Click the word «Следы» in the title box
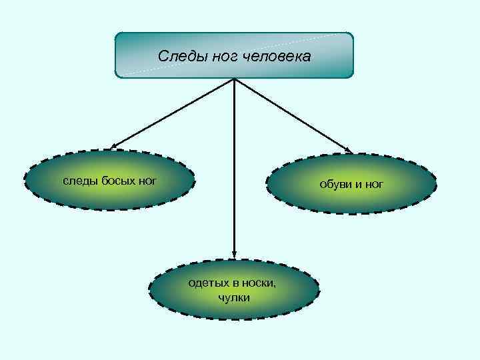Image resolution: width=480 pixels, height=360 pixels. click(176, 56)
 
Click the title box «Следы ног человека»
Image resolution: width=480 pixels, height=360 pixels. click(234, 55)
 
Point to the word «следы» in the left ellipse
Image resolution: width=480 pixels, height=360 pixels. click(79, 180)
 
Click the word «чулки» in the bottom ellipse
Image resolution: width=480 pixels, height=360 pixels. click(234, 297)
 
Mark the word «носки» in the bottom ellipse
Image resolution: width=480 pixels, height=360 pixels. click(256, 283)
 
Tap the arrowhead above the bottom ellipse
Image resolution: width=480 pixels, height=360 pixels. click(234, 254)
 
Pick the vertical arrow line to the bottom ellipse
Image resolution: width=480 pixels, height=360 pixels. click(234, 167)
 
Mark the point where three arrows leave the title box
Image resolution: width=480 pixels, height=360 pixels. click(234, 79)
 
